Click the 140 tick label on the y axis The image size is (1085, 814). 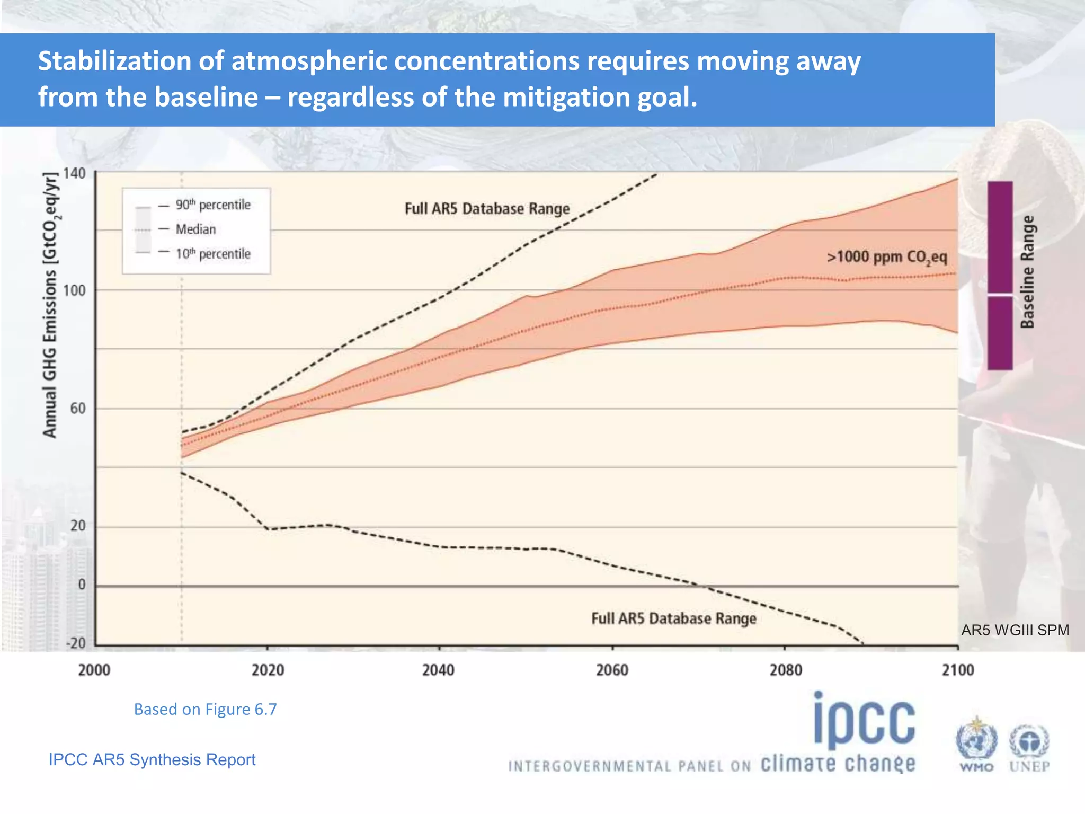click(x=74, y=173)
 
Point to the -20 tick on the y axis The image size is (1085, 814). click(x=75, y=643)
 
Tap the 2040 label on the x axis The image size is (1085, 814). click(x=438, y=670)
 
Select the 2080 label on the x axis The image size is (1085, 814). click(x=786, y=670)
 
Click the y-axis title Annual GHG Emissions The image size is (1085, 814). click(x=51, y=305)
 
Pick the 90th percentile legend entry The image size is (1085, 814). click(x=212, y=205)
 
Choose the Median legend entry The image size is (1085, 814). click(x=195, y=229)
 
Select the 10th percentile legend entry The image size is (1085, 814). click(x=212, y=254)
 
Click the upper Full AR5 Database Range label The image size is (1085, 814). click(x=487, y=209)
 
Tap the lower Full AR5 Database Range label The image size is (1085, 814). click(x=673, y=619)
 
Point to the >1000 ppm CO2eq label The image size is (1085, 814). click(x=887, y=258)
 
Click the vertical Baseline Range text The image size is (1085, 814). click(x=1027, y=272)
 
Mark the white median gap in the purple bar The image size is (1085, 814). click(x=1000, y=294)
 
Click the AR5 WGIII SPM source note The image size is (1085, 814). click(x=1015, y=630)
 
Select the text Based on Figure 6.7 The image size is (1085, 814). click(x=205, y=709)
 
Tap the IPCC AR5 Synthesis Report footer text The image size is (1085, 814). click(x=152, y=759)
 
